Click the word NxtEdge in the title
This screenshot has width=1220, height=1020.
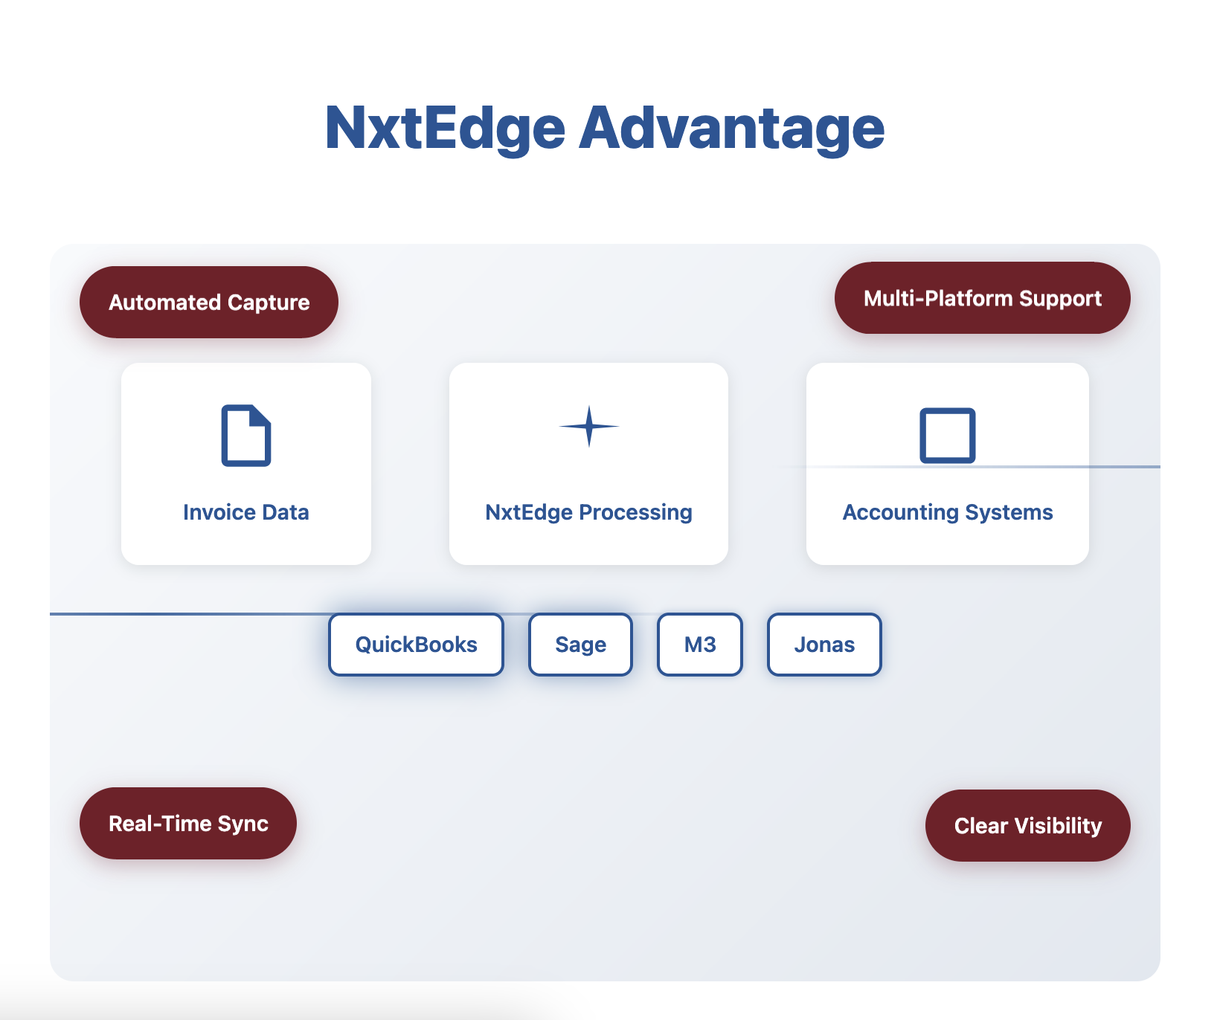click(445, 129)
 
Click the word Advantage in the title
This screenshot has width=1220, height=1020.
click(732, 129)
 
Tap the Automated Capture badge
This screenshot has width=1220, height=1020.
click(209, 302)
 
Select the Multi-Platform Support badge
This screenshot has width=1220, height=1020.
click(983, 298)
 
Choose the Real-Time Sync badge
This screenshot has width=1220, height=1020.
click(188, 823)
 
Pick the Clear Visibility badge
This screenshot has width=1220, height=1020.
click(1028, 825)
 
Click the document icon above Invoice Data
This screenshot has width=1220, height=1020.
click(246, 436)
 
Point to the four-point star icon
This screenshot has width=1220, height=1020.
click(589, 427)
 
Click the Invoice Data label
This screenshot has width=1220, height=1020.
click(246, 512)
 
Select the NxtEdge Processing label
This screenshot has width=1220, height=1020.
click(589, 512)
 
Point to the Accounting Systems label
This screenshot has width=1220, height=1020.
click(948, 512)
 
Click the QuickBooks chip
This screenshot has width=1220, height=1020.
click(417, 645)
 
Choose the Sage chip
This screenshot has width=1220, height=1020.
click(581, 645)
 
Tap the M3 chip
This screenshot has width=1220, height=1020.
click(700, 645)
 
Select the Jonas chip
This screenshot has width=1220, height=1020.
click(824, 645)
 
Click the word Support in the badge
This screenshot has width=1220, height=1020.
click(1061, 299)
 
